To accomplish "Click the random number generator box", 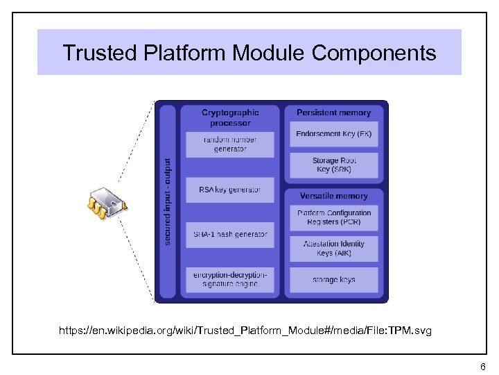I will pos(229,144).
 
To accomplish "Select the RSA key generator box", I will pos(229,190).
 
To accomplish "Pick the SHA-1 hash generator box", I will pos(229,235).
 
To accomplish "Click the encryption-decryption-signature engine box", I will pos(229,279).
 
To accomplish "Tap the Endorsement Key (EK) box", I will pos(333,133).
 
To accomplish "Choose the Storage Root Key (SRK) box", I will pos(333,165).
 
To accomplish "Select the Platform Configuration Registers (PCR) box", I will pos(333,217).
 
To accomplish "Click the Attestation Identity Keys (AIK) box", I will pos(333,248).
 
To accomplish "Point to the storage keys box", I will pos(333,279).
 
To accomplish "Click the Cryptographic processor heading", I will pos(230,117).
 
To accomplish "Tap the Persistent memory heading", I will pos(333,112).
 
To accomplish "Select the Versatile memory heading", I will pos(333,196).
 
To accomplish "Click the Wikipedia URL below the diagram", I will pos(245,331).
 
